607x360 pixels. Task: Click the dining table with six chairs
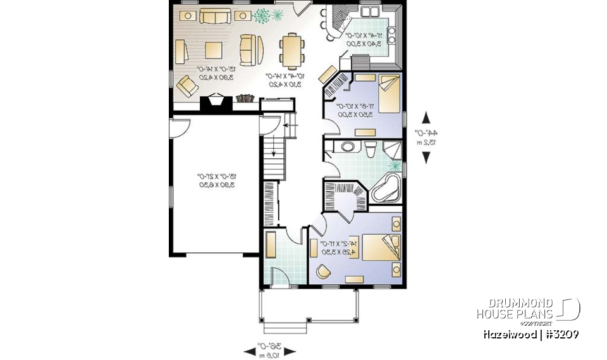(x=291, y=51)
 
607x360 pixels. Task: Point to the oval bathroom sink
(x=347, y=147)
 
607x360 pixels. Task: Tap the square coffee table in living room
(x=213, y=50)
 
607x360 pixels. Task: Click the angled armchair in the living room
(x=187, y=85)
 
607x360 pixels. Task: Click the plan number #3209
(x=560, y=334)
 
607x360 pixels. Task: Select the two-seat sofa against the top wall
(x=216, y=16)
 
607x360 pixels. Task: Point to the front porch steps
(x=284, y=327)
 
